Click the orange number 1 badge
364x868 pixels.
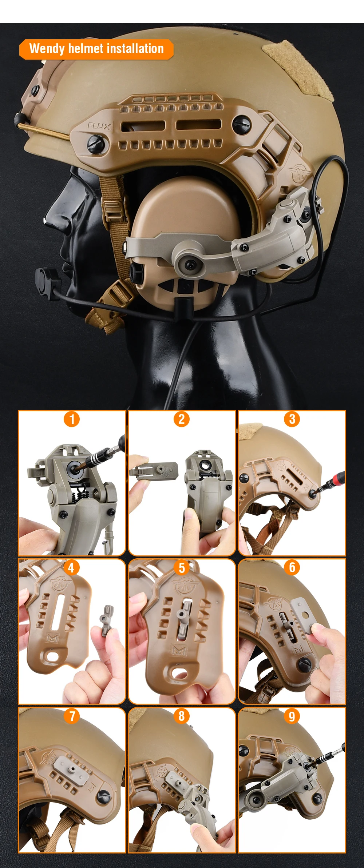tap(72, 419)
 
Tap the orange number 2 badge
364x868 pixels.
tap(182, 419)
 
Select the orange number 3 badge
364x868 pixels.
tap(292, 419)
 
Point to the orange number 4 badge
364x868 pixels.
tap(71, 567)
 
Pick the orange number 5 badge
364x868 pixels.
tap(182, 567)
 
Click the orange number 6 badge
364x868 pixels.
tap(292, 567)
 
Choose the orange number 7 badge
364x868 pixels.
tap(72, 716)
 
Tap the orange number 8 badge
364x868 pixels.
tap(182, 716)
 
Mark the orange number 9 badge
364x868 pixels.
tap(292, 716)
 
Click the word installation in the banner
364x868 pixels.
tap(135, 48)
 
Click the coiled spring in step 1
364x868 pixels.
tap(83, 494)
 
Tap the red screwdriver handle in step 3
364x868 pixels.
tap(338, 478)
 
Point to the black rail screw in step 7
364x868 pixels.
tap(103, 796)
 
